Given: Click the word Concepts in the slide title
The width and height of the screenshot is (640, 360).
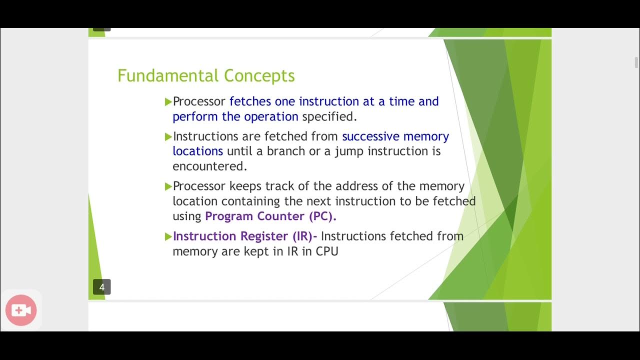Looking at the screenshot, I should point(259,76).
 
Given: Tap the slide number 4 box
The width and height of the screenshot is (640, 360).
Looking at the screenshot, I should point(102,287).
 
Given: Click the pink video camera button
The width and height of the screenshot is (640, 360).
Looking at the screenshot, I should point(21,310).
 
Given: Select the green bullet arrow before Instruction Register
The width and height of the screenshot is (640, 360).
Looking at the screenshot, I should point(168,236).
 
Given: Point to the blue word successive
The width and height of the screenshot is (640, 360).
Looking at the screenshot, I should point(370,136).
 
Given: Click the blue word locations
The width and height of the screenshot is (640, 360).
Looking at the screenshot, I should point(197,151).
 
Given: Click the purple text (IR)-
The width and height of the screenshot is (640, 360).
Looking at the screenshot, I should point(304,236).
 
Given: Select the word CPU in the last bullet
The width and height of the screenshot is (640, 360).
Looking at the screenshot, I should point(327,251).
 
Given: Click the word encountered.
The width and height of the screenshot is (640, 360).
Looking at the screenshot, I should point(210,166).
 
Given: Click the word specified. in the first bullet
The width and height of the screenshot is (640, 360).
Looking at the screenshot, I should point(329,116).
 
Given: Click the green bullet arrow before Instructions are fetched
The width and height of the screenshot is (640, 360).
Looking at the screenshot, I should point(168,136).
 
